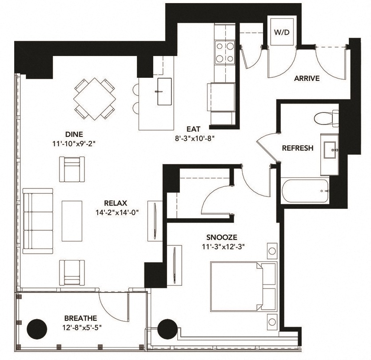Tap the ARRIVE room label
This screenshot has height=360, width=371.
pyautogui.click(x=307, y=79)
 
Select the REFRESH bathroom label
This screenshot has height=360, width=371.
pyautogui.click(x=298, y=148)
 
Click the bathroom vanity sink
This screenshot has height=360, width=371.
pyautogui.click(x=330, y=151)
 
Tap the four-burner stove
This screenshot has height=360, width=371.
pyautogui.click(x=225, y=52)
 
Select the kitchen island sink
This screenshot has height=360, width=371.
pyautogui.click(x=164, y=91)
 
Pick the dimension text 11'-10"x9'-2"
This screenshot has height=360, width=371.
pyautogui.click(x=74, y=144)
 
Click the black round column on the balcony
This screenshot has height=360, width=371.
pyautogui.click(x=37, y=329)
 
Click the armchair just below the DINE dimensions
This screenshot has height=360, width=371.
pyautogui.click(x=72, y=169)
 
